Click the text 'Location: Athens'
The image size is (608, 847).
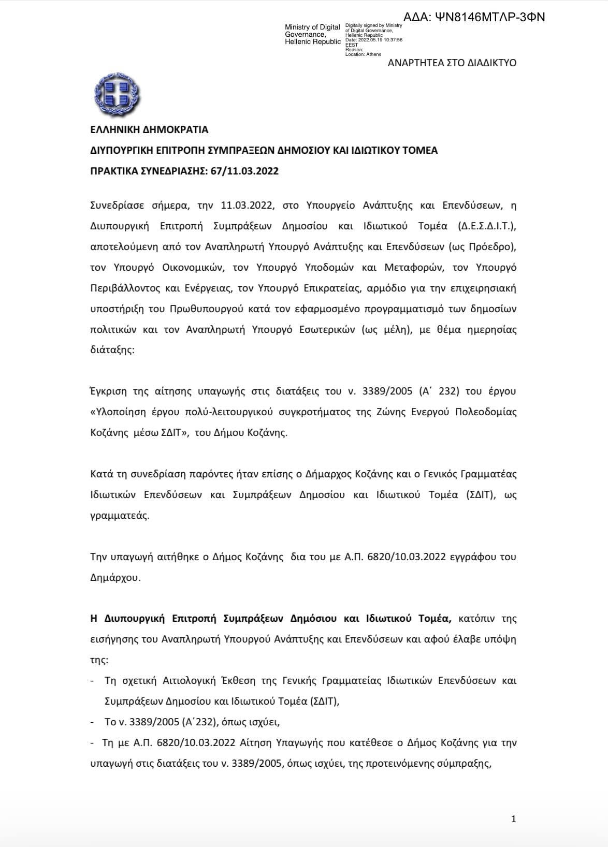[x=363, y=54]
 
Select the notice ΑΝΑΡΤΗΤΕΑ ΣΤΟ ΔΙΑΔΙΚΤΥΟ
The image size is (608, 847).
[x=452, y=63]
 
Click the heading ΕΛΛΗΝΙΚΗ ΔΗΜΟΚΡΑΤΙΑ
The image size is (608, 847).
[x=149, y=129]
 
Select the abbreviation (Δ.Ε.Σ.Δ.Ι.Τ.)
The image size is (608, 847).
[x=487, y=226]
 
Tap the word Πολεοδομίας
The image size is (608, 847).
[x=484, y=412]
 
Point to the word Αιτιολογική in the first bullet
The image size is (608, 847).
[x=173, y=680]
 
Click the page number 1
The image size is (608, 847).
[x=513, y=819]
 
